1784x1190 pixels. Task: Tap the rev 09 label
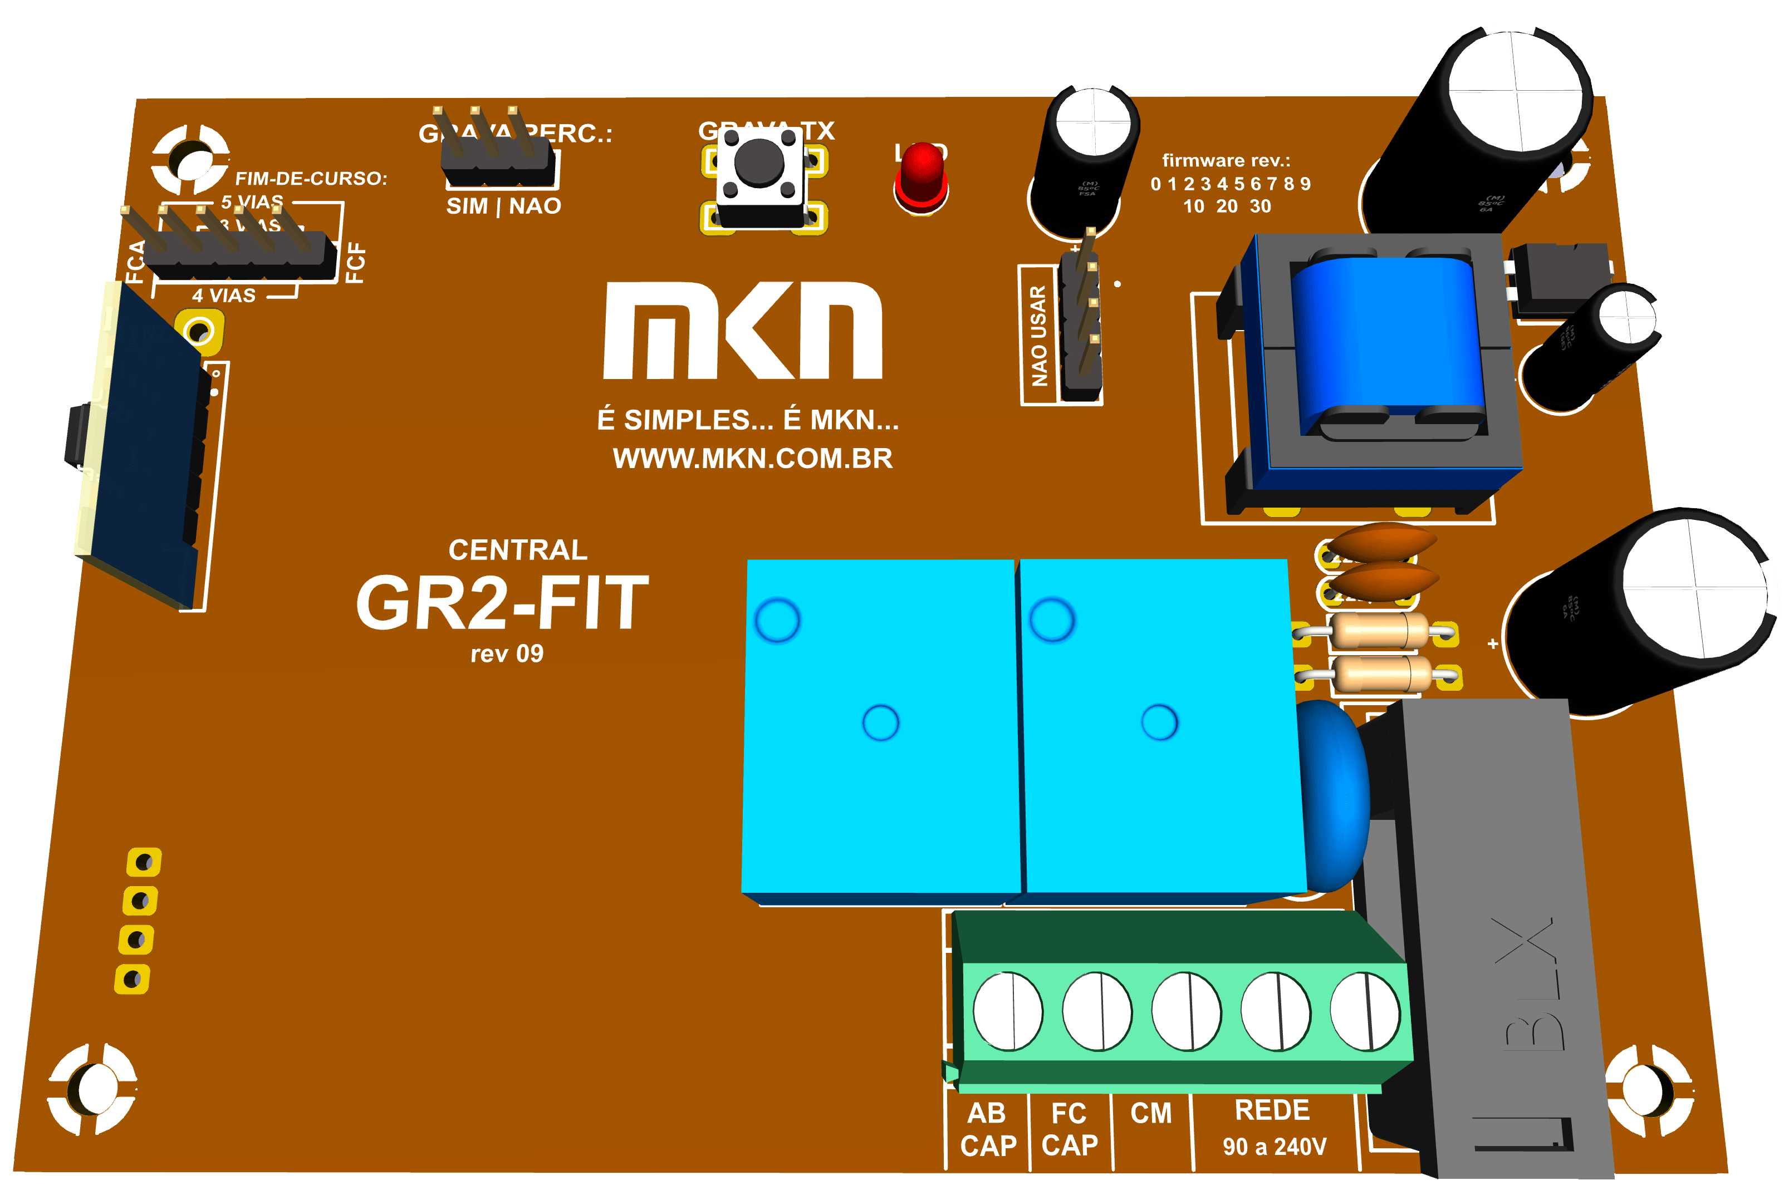coord(506,654)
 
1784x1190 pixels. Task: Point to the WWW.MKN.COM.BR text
coord(752,459)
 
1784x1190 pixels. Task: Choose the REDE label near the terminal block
coord(1272,1110)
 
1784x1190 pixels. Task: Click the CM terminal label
coord(1151,1113)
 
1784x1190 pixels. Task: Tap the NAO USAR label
coord(1038,336)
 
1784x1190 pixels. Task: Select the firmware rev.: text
coord(1226,161)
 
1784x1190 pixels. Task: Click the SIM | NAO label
coord(503,206)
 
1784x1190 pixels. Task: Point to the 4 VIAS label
coord(223,295)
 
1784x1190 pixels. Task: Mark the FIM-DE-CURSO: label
coord(311,178)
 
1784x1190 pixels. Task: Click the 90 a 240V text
coord(1274,1147)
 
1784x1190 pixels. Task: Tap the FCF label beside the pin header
coord(355,263)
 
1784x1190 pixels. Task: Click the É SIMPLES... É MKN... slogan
coord(748,420)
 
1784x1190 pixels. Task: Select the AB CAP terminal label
coord(988,1129)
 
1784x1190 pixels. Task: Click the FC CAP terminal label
coord(1070,1129)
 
